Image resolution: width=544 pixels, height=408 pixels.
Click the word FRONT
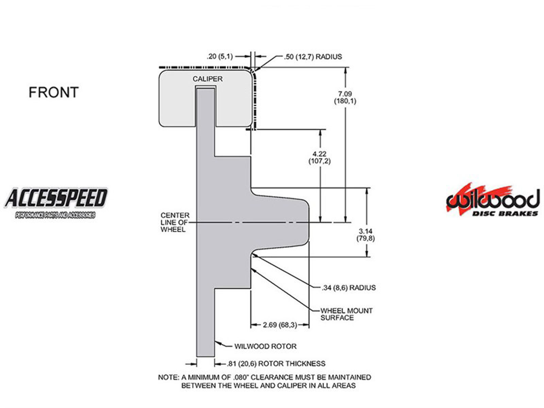53,92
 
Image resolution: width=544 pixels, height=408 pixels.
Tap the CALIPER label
207,79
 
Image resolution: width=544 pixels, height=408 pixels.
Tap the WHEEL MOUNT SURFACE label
346,314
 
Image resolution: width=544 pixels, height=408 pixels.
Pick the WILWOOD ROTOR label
265,346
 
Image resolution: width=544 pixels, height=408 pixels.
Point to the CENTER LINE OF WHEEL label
175,222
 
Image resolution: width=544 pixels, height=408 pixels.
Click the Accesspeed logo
56,203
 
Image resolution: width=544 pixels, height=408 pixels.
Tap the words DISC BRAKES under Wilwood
505,214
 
